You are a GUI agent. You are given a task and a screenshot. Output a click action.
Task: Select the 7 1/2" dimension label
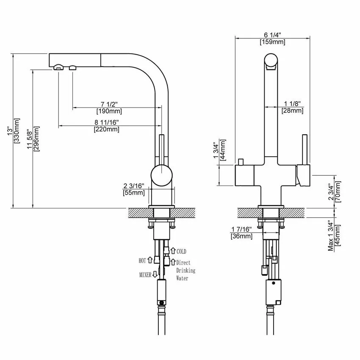pyautogui.click(x=109, y=104)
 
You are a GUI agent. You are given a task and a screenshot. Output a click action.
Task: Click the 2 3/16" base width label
pyautogui.click(x=134, y=186)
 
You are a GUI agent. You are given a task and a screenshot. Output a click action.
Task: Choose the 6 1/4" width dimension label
pyautogui.click(x=272, y=35)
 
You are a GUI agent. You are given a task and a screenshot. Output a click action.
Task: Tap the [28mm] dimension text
pyautogui.click(x=292, y=111)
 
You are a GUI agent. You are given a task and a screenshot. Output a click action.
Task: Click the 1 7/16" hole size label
pyautogui.click(x=241, y=229)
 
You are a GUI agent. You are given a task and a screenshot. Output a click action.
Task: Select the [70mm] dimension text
pyautogui.click(x=338, y=192)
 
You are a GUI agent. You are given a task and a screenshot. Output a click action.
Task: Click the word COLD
pyautogui.click(x=181, y=252)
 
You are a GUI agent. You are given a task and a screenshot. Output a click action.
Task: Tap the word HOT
pyautogui.click(x=142, y=261)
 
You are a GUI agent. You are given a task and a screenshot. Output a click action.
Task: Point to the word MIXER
pyautogui.click(x=145, y=275)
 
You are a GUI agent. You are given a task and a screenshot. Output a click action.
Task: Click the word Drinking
pyautogui.click(x=186, y=270)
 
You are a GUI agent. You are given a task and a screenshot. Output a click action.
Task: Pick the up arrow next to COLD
pyautogui.click(x=173, y=252)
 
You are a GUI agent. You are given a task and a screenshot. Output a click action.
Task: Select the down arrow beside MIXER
pyautogui.click(x=155, y=275)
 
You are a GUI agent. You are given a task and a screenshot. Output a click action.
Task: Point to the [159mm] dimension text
pyautogui.click(x=272, y=42)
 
